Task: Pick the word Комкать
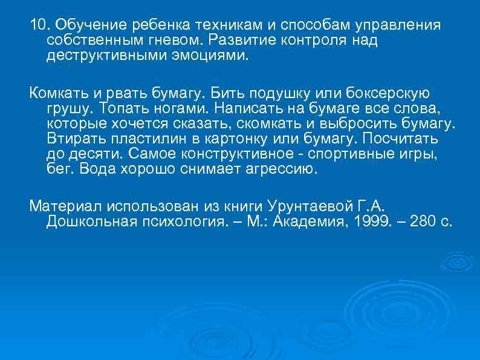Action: point(56,94)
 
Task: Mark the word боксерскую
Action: point(388,94)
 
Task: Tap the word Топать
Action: point(118,108)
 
